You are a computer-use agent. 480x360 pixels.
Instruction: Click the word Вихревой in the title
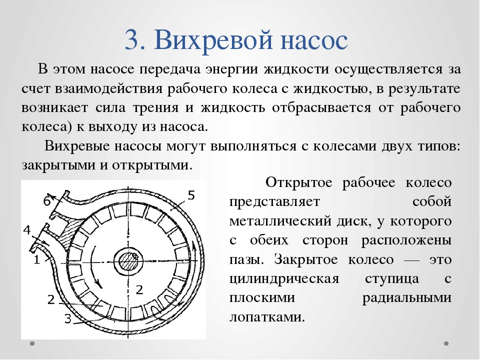[x=213, y=40]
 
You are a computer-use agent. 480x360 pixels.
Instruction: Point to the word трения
[x=155, y=108]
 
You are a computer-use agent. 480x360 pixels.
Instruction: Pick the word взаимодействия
[x=108, y=89]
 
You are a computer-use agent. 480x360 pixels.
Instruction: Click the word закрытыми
[x=58, y=165]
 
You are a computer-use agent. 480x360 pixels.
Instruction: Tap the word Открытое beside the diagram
[x=299, y=182]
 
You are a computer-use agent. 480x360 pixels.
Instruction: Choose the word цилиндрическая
[x=284, y=279]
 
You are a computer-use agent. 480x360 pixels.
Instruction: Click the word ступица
[x=392, y=279]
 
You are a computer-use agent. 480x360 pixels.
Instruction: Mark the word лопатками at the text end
[x=267, y=317]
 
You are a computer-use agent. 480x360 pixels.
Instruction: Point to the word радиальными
[x=407, y=298]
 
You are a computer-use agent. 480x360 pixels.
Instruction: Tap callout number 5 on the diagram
[x=191, y=195]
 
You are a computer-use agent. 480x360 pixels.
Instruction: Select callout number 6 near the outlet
[x=47, y=201]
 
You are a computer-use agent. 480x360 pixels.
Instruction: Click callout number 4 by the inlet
[x=27, y=230]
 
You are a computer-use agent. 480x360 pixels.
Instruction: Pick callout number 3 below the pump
[x=67, y=318]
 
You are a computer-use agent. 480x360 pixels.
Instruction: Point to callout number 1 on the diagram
[x=36, y=259]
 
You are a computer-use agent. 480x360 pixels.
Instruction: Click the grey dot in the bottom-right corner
[x=446, y=343]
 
